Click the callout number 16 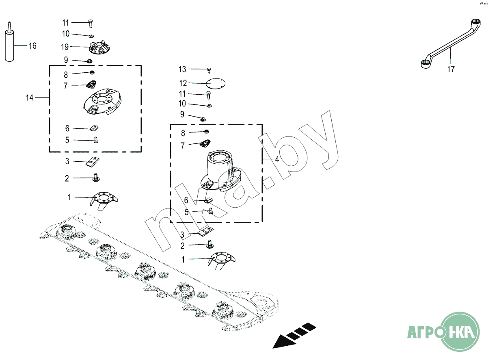tap(32, 46)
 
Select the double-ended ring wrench tap(449, 44)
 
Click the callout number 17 tap(451, 69)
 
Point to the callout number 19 tap(65, 47)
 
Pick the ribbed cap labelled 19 tap(99, 48)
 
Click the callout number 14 tap(30, 98)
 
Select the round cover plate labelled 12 tap(216, 84)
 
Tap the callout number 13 tap(182, 69)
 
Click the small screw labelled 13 tap(209, 70)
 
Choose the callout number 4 tap(277, 159)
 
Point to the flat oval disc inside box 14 tap(102, 102)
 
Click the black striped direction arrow tap(294, 335)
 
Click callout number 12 tap(183, 83)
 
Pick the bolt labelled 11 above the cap tap(91, 23)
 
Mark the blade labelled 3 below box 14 tap(93, 162)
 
